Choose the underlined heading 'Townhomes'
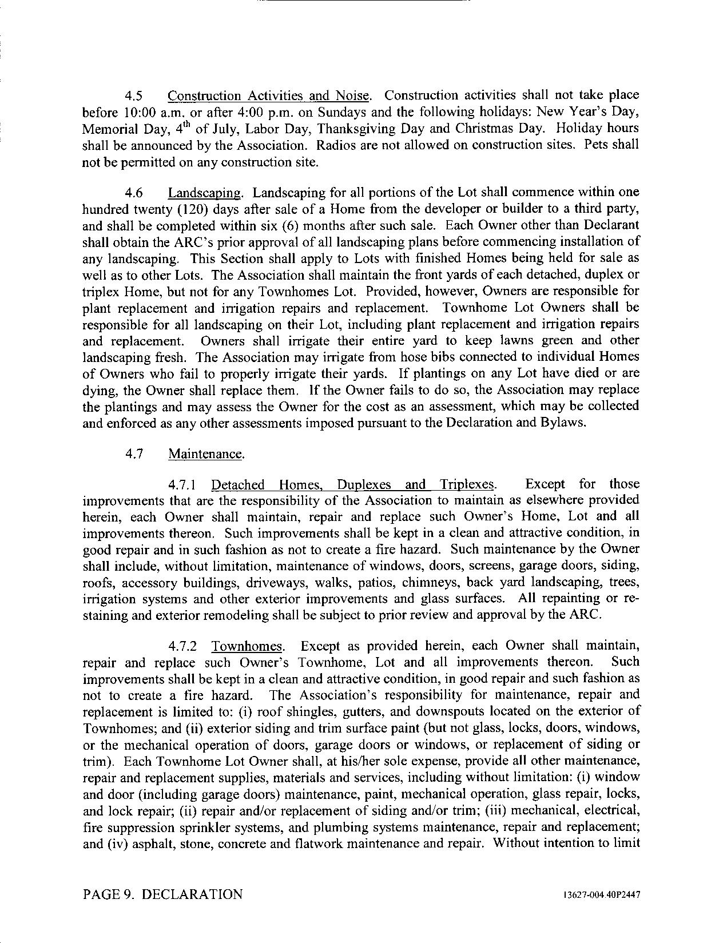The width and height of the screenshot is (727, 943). pos(248,647)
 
